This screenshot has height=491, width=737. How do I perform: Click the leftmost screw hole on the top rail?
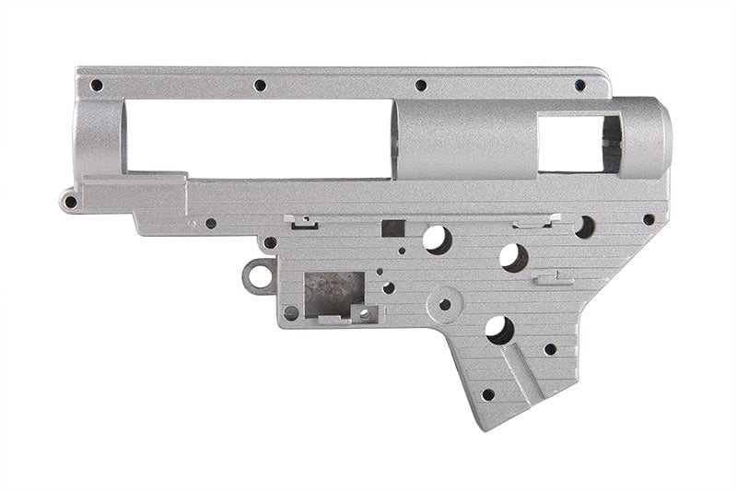(97, 85)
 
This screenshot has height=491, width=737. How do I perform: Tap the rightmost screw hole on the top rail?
(579, 85)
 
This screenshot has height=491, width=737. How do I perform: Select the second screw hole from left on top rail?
(260, 85)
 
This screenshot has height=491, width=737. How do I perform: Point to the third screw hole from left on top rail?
(421, 85)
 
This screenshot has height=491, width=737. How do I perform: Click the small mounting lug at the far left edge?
(69, 201)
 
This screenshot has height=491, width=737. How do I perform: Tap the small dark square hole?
(392, 228)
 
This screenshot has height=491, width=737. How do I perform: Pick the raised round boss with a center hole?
(446, 303)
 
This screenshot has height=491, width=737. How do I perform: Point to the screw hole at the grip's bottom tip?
(487, 394)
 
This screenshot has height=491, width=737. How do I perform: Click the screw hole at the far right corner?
(649, 219)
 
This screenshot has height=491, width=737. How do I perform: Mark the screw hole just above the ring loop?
(270, 243)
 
